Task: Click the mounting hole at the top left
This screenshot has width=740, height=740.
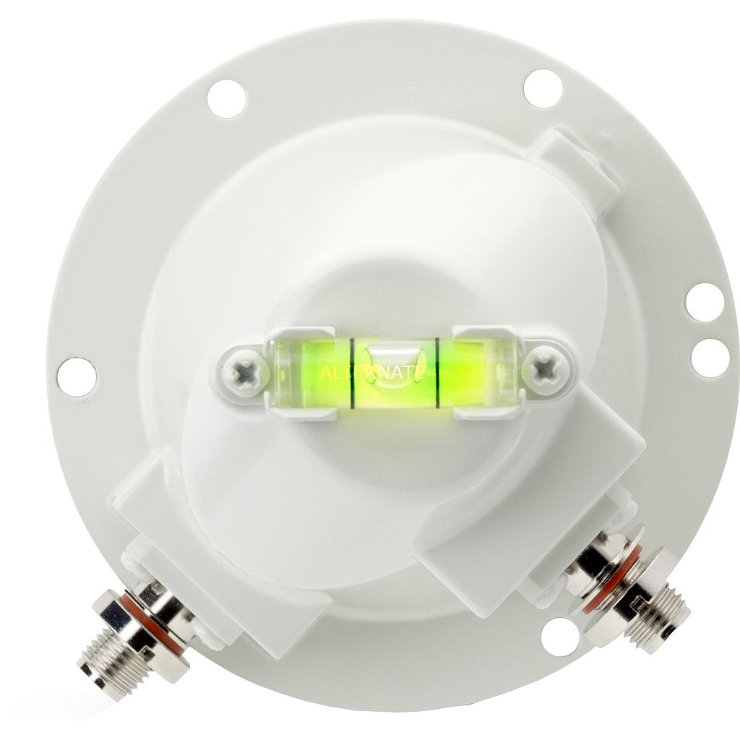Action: pos(226,99)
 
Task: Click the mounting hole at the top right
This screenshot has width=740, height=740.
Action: pos(543,88)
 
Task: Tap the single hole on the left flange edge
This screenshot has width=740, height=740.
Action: pos(77,377)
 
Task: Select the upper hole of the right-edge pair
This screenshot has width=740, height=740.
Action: pos(705,302)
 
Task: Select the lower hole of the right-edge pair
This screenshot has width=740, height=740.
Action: pos(710,357)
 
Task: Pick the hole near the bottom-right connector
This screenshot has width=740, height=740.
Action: pos(560,637)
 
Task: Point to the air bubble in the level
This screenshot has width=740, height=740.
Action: pos(394,361)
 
